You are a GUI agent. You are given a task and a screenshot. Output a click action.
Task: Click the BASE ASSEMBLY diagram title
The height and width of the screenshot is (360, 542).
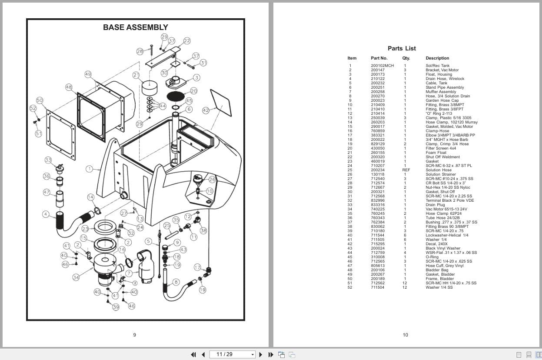click(x=135, y=27)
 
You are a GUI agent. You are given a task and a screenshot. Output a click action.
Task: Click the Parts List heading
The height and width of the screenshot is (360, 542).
click(x=402, y=48)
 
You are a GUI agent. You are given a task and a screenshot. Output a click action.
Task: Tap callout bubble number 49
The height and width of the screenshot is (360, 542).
click(x=88, y=74)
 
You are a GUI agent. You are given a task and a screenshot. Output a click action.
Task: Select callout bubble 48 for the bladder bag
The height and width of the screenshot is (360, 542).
click(x=69, y=87)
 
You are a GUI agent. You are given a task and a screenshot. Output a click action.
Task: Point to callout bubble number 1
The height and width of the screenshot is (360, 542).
click(x=90, y=169)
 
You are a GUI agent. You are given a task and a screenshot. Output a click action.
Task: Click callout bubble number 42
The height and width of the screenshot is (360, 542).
click(x=206, y=110)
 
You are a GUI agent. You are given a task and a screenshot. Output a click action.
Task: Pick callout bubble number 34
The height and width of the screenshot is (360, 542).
click(x=76, y=277)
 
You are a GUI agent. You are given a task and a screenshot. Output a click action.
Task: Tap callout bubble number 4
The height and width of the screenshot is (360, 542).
click(x=46, y=214)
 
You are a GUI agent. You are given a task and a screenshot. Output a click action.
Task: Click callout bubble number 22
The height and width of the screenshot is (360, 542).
click(x=187, y=41)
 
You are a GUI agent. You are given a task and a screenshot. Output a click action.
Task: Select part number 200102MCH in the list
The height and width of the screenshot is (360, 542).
click(x=382, y=66)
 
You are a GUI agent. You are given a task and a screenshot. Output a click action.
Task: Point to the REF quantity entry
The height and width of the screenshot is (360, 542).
click(x=406, y=170)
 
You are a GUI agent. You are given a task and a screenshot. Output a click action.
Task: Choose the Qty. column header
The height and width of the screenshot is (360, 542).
click(x=406, y=58)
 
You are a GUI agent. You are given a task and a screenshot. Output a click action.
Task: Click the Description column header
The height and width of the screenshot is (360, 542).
click(x=437, y=58)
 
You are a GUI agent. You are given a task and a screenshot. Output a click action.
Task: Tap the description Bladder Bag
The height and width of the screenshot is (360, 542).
click(x=437, y=270)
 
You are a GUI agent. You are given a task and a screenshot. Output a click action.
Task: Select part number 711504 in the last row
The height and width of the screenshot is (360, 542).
click(x=377, y=287)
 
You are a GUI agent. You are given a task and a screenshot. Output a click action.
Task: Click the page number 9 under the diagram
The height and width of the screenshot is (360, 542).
click(x=134, y=335)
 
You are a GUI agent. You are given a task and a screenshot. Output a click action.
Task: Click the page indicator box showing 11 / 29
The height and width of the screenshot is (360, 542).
click(x=233, y=354)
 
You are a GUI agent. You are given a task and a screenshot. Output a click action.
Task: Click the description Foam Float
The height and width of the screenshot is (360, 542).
click(x=436, y=153)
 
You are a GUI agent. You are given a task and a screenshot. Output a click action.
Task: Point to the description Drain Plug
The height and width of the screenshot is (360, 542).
click(x=436, y=205)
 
